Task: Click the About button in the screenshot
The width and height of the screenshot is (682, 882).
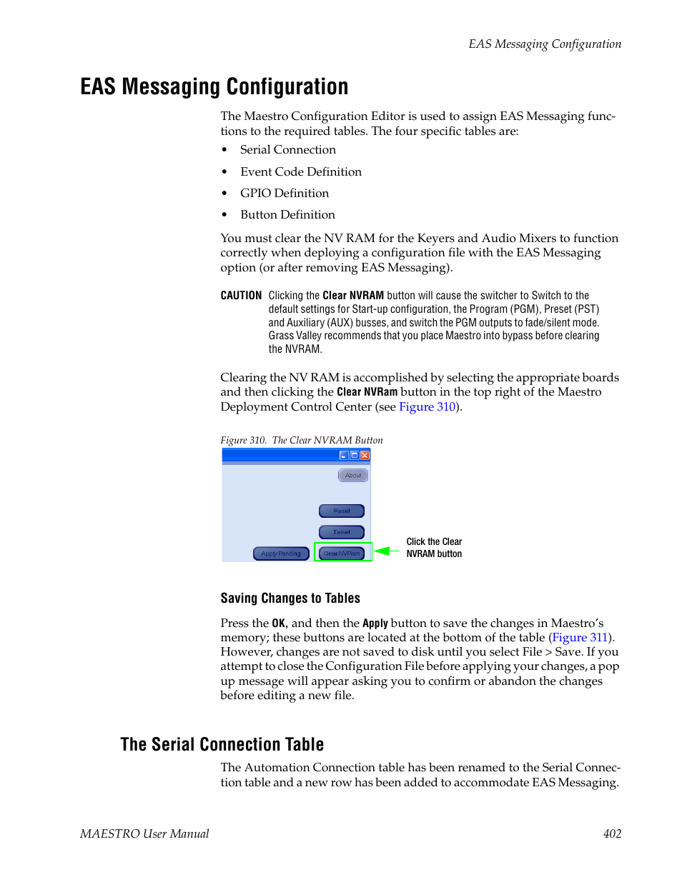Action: [353, 476]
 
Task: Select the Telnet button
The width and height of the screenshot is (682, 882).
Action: [342, 532]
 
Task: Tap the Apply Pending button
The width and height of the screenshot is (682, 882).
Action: [281, 553]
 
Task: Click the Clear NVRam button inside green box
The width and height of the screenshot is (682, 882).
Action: [342, 553]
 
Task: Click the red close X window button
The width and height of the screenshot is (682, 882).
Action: [365, 455]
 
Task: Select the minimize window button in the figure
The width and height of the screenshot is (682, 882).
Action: [344, 455]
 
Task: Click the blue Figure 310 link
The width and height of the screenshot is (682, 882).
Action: [427, 407]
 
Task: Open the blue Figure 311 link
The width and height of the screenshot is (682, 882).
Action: [580, 638]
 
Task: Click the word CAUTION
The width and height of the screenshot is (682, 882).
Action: [241, 296]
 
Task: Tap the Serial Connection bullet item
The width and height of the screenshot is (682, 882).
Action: [287, 150]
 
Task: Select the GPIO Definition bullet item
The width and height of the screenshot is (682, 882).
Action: [285, 194]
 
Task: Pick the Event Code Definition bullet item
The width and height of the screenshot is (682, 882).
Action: [301, 172]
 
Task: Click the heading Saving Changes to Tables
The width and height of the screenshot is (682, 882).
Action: [290, 598]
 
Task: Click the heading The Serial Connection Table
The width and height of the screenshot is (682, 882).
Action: [222, 745]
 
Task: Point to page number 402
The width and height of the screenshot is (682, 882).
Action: [612, 834]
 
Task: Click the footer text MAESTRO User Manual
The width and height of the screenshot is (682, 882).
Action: [144, 834]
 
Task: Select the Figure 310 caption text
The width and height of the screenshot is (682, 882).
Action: [302, 441]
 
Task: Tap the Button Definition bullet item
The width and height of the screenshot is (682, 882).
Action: [287, 215]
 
